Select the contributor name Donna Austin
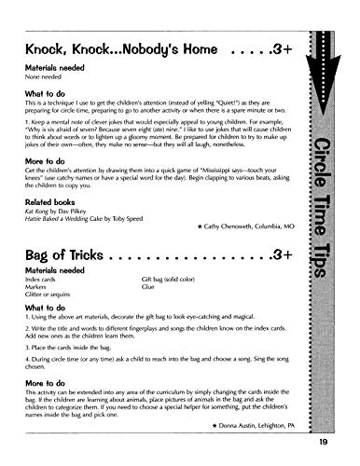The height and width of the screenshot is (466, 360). click(x=241, y=423)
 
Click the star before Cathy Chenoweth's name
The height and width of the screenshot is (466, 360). click(x=201, y=226)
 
